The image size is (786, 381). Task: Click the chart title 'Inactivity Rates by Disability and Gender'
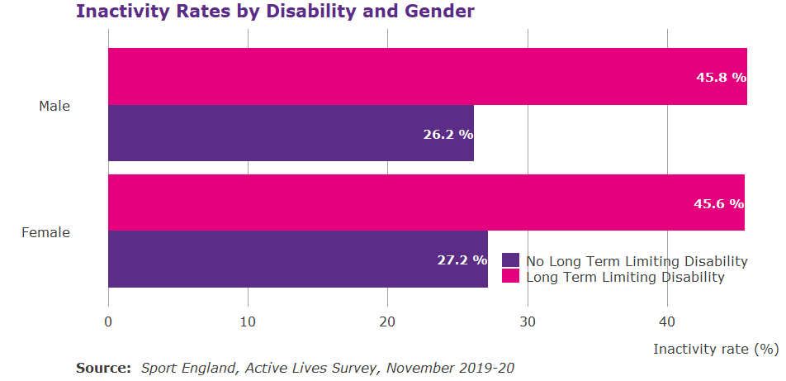tap(275, 12)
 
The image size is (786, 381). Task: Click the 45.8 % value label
tap(721, 77)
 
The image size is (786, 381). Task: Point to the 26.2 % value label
tap(447, 134)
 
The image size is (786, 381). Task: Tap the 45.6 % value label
tap(718, 204)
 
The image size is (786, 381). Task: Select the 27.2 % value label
tap(462, 260)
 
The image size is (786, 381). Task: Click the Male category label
tap(54, 106)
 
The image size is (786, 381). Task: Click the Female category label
tap(45, 232)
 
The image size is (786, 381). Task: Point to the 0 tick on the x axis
tap(108, 321)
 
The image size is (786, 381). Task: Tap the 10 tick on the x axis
tap(248, 321)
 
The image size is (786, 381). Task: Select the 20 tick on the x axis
tap(387, 321)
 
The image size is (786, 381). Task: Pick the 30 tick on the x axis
tap(528, 321)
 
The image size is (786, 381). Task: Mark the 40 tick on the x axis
tap(667, 321)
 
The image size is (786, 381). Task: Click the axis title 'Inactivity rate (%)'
tap(716, 349)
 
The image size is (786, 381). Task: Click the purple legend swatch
tap(510, 261)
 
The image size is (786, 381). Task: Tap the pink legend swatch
tap(510, 277)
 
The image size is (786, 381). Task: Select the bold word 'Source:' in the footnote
tap(103, 368)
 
